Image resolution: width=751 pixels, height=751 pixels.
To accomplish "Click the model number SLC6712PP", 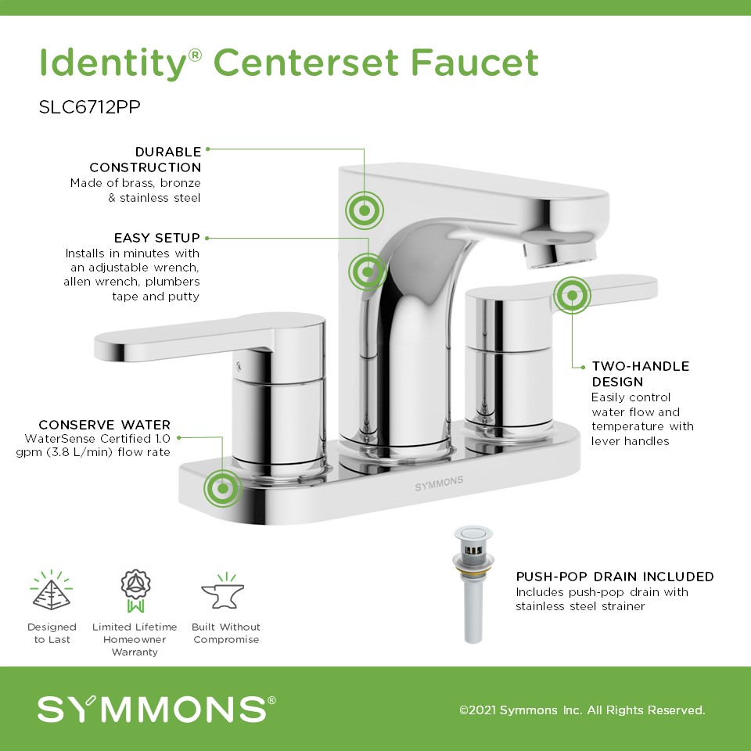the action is [x=89, y=107].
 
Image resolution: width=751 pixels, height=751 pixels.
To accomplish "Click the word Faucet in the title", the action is [x=475, y=63].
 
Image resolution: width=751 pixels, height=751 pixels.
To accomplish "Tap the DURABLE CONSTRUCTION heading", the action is [x=146, y=160].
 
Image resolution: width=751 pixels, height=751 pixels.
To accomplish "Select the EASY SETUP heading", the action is [x=156, y=238].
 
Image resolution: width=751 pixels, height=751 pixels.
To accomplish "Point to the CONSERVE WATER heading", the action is [x=104, y=424].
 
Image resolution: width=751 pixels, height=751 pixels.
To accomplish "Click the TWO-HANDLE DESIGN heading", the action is [x=641, y=374].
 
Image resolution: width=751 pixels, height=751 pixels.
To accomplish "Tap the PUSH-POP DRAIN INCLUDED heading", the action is [x=615, y=577].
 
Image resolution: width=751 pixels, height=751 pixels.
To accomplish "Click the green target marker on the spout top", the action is [x=365, y=210].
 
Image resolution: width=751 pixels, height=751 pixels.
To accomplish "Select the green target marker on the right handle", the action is [x=572, y=296].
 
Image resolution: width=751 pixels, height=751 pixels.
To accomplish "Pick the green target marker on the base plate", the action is [x=223, y=488].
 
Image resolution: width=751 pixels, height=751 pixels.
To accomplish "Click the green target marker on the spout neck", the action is [x=368, y=272].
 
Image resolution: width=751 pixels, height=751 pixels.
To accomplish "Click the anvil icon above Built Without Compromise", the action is [x=223, y=591].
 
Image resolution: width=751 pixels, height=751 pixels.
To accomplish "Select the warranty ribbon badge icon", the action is [x=135, y=591].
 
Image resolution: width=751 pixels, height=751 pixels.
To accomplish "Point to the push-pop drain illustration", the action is [x=473, y=584].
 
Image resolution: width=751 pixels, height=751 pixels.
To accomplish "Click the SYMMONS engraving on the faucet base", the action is [x=439, y=483].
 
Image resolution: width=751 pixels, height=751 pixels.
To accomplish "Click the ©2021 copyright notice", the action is [x=582, y=710].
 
